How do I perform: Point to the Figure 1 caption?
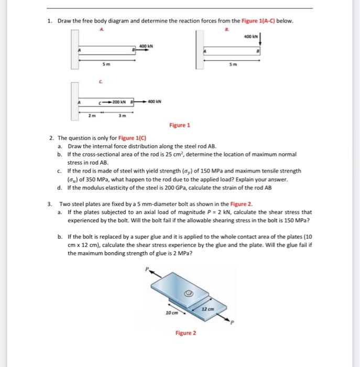(180, 125)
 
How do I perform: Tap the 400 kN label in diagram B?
(251, 37)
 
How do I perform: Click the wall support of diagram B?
(199, 49)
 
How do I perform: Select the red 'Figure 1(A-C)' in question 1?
(267, 21)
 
